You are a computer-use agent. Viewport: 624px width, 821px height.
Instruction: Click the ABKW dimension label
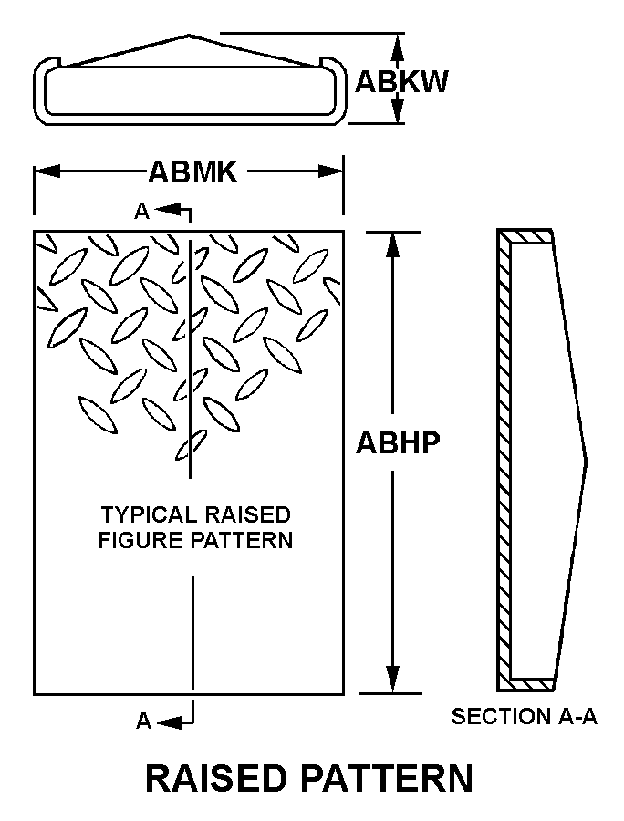(x=401, y=81)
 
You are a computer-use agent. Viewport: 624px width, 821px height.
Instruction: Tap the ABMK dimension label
(x=192, y=171)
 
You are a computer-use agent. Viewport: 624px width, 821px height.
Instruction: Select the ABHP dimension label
(x=398, y=443)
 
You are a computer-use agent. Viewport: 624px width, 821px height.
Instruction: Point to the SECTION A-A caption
(x=524, y=716)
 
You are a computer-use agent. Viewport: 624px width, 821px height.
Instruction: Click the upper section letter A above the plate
(x=141, y=212)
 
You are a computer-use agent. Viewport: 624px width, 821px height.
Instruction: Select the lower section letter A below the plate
(x=143, y=722)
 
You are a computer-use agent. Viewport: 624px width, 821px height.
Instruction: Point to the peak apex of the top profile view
(x=189, y=36)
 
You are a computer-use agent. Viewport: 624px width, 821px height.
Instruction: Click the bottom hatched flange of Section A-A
(x=530, y=683)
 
